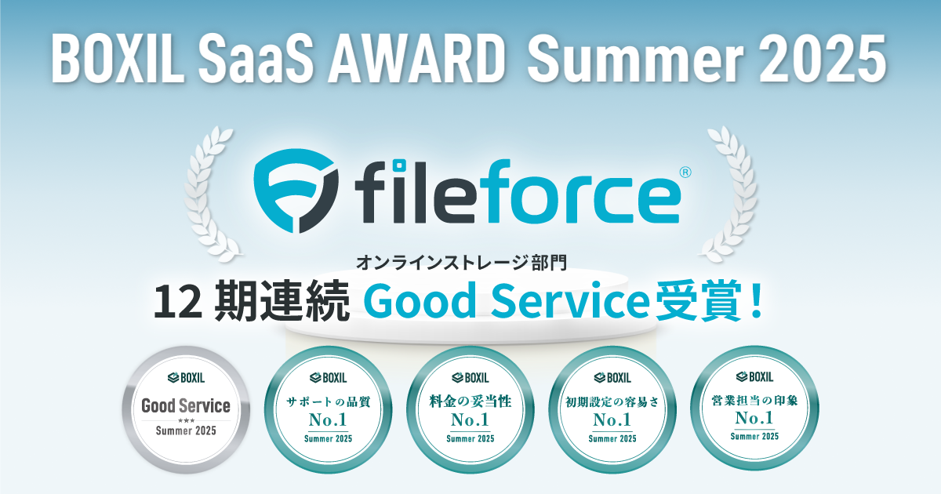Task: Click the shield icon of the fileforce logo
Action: coord(296,191)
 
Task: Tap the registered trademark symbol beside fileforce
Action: coord(685,173)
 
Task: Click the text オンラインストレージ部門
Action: coord(462,263)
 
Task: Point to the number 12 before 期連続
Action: coord(178,301)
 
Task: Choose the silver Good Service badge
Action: coord(186,409)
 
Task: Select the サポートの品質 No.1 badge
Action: coord(328,409)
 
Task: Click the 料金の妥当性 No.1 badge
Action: coord(470,409)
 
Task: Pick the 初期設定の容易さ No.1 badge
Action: coord(612,409)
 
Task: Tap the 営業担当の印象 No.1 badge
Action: coord(754,409)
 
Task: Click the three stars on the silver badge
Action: coord(186,420)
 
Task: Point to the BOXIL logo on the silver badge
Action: coord(186,378)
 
